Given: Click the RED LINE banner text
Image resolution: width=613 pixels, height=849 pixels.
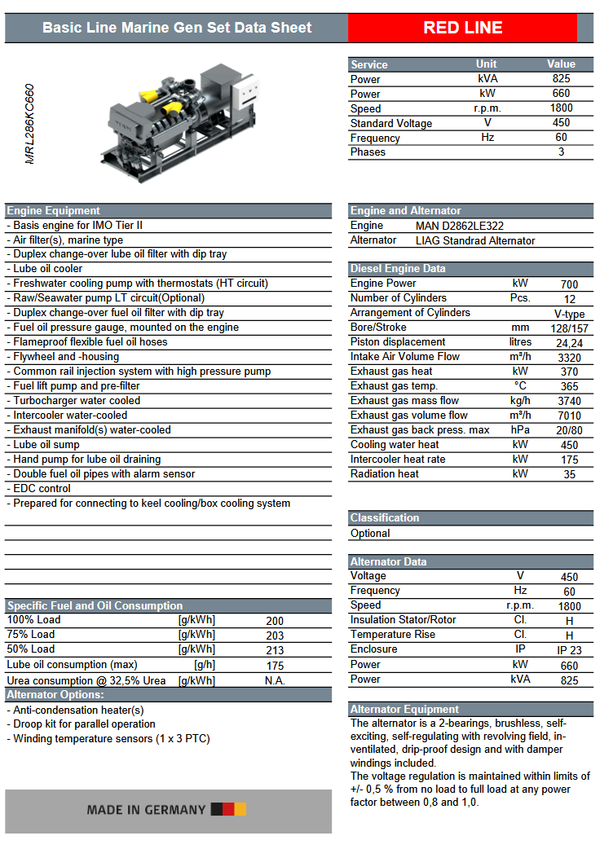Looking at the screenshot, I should pos(462,28).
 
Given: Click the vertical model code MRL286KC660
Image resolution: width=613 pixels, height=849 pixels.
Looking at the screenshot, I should pos(30,124).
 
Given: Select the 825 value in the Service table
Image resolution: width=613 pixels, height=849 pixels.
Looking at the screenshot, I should pos(561,79).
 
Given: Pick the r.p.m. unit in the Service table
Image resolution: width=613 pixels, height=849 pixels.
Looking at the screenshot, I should pos(487,108).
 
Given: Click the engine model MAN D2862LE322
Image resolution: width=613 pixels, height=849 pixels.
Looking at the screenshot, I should pos(465,226).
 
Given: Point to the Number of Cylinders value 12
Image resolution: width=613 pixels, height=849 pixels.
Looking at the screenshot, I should pos(569,299).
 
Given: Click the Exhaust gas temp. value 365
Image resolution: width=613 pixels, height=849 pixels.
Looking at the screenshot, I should pos(569,387).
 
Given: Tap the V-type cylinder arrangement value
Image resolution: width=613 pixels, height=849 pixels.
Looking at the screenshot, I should pos(569,314).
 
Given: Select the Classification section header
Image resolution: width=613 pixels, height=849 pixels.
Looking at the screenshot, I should pos(385,518).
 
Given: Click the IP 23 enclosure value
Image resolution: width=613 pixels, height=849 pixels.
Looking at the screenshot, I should pos(569,651).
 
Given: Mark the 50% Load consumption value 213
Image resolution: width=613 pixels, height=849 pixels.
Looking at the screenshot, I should pos(275,650).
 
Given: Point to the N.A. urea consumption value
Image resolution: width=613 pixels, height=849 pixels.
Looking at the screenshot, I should pos(275,680).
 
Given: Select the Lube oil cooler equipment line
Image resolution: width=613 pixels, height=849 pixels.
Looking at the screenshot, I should pos(48,269).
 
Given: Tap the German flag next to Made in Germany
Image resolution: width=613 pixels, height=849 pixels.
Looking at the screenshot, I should pos(228,810).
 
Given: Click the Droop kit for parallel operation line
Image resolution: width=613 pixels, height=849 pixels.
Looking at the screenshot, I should pos(84,724).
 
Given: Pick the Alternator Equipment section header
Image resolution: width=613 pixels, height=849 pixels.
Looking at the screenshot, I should pos(404,710).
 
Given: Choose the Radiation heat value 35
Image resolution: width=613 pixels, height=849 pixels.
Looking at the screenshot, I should pos(569,474).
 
